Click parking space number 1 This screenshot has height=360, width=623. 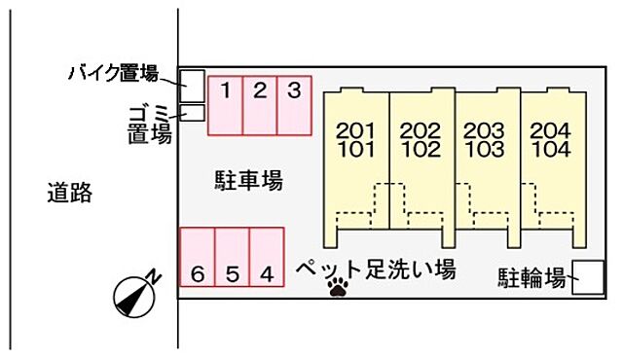[225, 105]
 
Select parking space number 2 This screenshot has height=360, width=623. [260, 105]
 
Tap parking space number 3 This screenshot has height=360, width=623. [294, 105]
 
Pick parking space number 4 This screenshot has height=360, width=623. [267, 258]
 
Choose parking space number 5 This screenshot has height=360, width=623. [232, 258]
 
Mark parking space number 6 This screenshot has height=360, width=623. [198, 258]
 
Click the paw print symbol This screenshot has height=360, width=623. [339, 286]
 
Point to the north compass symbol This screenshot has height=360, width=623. [135, 294]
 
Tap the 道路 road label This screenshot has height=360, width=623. [70, 193]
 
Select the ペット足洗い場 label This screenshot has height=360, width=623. [375, 268]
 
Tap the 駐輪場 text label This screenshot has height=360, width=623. [531, 279]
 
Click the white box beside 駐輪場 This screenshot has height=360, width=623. [589, 278]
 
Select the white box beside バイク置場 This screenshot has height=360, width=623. [191, 86]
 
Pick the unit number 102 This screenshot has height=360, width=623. [420, 150]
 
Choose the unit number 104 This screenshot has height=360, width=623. [551, 150]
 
